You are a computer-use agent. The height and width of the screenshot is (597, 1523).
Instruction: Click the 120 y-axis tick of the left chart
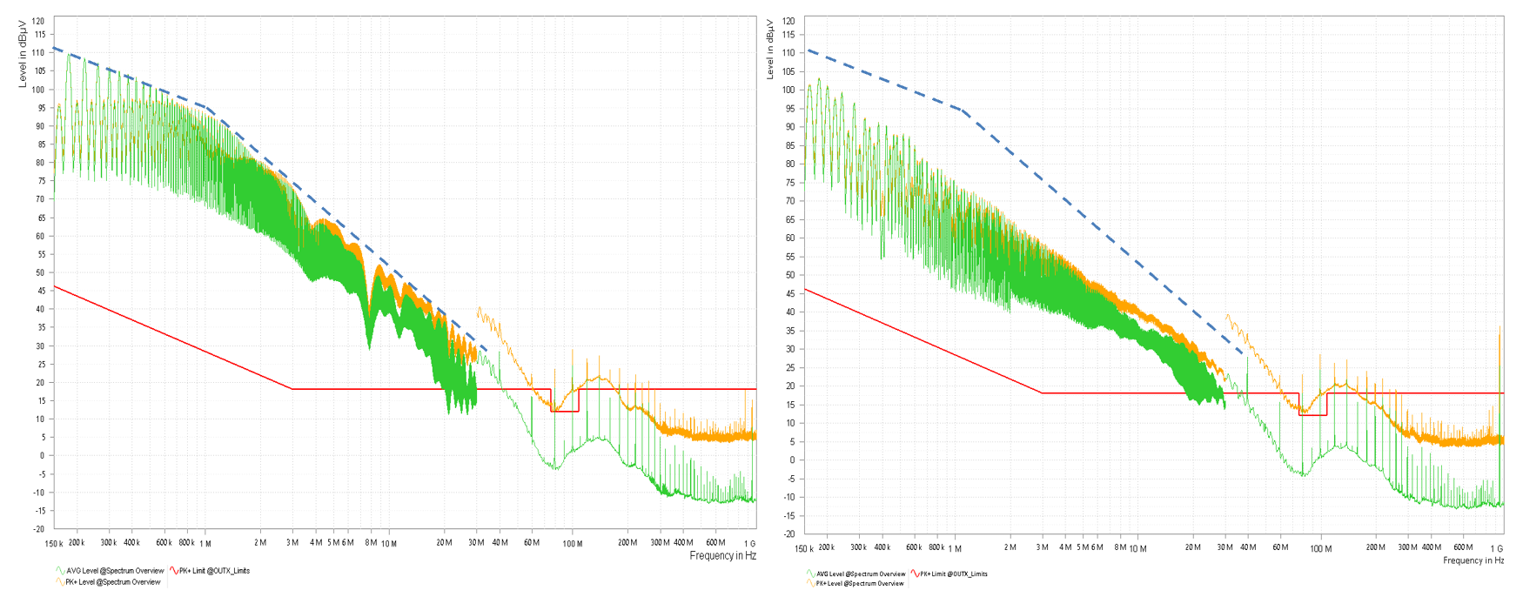click(38, 21)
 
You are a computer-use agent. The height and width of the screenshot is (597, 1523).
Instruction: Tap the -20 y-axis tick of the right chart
click(788, 534)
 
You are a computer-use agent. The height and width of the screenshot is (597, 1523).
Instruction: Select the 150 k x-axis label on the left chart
click(54, 544)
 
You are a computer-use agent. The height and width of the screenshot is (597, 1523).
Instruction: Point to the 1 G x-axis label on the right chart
click(1496, 548)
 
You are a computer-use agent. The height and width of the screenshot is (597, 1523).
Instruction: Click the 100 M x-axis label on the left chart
click(573, 544)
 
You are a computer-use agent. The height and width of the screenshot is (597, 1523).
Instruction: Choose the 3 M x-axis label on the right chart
click(1042, 547)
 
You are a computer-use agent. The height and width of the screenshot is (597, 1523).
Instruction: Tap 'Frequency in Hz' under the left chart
click(722, 555)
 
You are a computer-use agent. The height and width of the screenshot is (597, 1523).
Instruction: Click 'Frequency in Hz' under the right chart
click(1473, 560)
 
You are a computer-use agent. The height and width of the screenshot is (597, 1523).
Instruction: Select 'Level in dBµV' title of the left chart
click(23, 56)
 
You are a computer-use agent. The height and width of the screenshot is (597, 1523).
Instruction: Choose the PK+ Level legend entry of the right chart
click(860, 583)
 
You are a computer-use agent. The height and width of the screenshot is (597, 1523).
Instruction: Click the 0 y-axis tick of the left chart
click(41, 455)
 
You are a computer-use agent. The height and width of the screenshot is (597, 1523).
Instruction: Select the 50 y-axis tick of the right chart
click(788, 275)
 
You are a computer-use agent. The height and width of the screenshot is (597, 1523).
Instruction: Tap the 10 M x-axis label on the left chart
click(388, 544)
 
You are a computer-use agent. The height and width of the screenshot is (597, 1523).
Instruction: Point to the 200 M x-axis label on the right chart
click(1375, 547)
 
